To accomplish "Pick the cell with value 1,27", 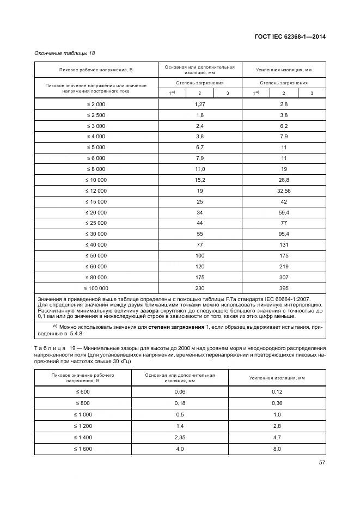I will click(x=199, y=103).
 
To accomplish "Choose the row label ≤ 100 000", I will click(x=96, y=289).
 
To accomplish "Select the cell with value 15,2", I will click(x=199, y=180).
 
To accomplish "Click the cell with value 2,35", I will click(x=180, y=437).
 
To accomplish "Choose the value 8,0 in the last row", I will click(x=277, y=449).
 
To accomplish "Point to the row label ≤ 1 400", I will click(x=82, y=437).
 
